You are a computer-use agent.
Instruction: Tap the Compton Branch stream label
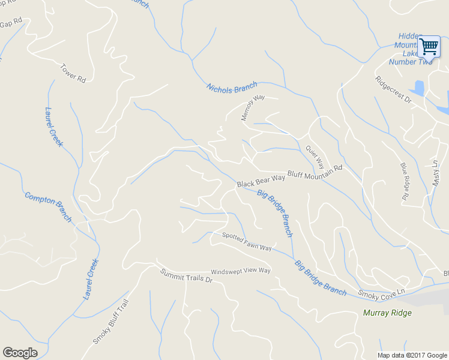[x=48, y=206]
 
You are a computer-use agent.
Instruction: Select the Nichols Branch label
[x=232, y=87]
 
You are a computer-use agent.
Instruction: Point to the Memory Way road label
[x=253, y=107]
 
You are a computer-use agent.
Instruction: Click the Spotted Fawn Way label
[x=247, y=242]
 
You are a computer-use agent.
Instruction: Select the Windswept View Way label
[x=241, y=271]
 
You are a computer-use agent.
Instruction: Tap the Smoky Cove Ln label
[x=382, y=292]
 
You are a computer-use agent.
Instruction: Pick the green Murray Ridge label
[x=387, y=313]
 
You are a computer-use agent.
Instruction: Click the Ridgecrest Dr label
[x=393, y=89]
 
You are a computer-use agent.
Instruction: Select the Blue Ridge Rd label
[x=405, y=181]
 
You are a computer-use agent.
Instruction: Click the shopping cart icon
[x=429, y=46]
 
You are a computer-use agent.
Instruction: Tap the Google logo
[x=20, y=353]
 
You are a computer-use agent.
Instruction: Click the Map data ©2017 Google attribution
[x=412, y=355]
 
